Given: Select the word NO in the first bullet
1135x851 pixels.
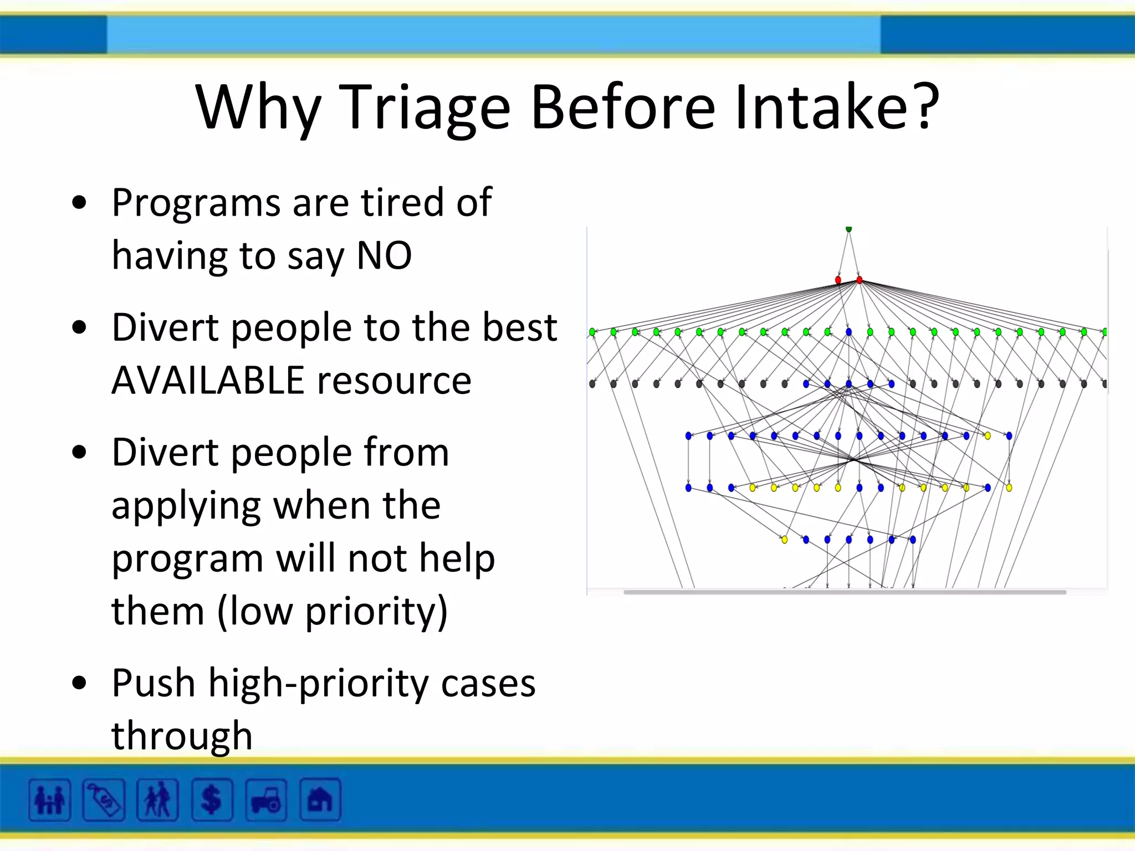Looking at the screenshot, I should [384, 255].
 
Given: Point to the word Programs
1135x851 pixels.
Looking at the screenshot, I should [196, 203].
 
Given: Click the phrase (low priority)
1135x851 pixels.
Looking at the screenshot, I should [333, 611].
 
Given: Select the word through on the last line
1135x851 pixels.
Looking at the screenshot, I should [182, 736].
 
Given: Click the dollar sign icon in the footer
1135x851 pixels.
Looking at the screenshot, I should [212, 800].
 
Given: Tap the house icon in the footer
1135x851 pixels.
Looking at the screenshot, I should [320, 800].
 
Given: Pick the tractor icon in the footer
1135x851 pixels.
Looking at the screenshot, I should [266, 800].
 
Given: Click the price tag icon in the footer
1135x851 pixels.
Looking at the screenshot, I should [104, 800].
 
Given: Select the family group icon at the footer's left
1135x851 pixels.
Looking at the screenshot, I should [49, 800].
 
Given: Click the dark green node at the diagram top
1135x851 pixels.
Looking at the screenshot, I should [848, 229].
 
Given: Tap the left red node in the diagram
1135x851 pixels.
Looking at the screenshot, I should [838, 280].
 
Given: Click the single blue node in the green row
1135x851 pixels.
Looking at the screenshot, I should [848, 332].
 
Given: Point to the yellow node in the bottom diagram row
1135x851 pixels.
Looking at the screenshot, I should [784, 540].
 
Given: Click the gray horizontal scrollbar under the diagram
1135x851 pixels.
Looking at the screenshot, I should [844, 592].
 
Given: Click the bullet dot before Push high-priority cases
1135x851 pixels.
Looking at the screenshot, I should [80, 683].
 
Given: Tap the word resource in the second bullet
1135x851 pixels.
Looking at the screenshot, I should [394, 381].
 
